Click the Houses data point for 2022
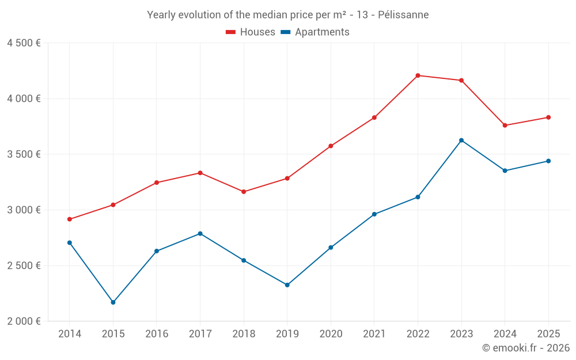(x=418, y=75)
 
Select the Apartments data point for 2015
(x=113, y=302)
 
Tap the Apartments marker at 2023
(x=461, y=141)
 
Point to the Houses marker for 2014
(x=70, y=219)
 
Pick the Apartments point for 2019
(x=287, y=285)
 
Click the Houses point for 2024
(x=505, y=126)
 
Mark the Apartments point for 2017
(x=200, y=233)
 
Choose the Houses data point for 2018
(x=244, y=192)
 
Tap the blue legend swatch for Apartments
(x=285, y=32)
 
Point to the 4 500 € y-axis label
(x=24, y=43)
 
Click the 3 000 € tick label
(x=24, y=210)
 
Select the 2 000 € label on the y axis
(x=24, y=321)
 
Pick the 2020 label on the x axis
(x=331, y=334)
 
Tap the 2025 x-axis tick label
(x=548, y=334)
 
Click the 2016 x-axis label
(x=157, y=334)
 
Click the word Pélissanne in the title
(x=403, y=15)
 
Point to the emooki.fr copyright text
(x=525, y=348)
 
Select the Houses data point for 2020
(x=331, y=146)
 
